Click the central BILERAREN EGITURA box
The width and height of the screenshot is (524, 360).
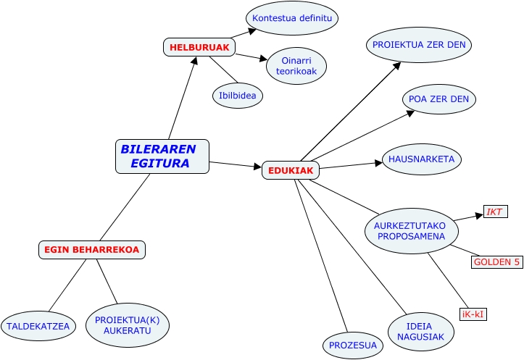coord(162,156)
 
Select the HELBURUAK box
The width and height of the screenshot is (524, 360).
coord(199,47)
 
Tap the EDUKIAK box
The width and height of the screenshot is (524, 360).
coord(291,170)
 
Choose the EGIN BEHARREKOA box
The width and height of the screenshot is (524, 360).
coord(92,250)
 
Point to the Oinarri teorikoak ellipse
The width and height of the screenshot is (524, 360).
coord(296,66)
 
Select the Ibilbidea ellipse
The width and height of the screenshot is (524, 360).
coord(238,95)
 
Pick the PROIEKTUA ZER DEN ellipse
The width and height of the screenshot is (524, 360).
coord(419,45)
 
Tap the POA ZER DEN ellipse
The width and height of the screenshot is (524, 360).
coord(438,99)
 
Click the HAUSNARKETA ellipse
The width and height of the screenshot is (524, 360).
coord(421,159)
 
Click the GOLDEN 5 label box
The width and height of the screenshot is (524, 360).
coord(496,261)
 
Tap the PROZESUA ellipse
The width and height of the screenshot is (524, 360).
coord(353,345)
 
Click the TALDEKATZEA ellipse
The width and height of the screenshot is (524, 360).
coord(38,326)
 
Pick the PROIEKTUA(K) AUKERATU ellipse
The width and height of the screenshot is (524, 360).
coord(128,325)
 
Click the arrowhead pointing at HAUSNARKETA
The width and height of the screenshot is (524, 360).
coord(378,163)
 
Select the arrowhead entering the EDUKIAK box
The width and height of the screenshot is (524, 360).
coord(257,168)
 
